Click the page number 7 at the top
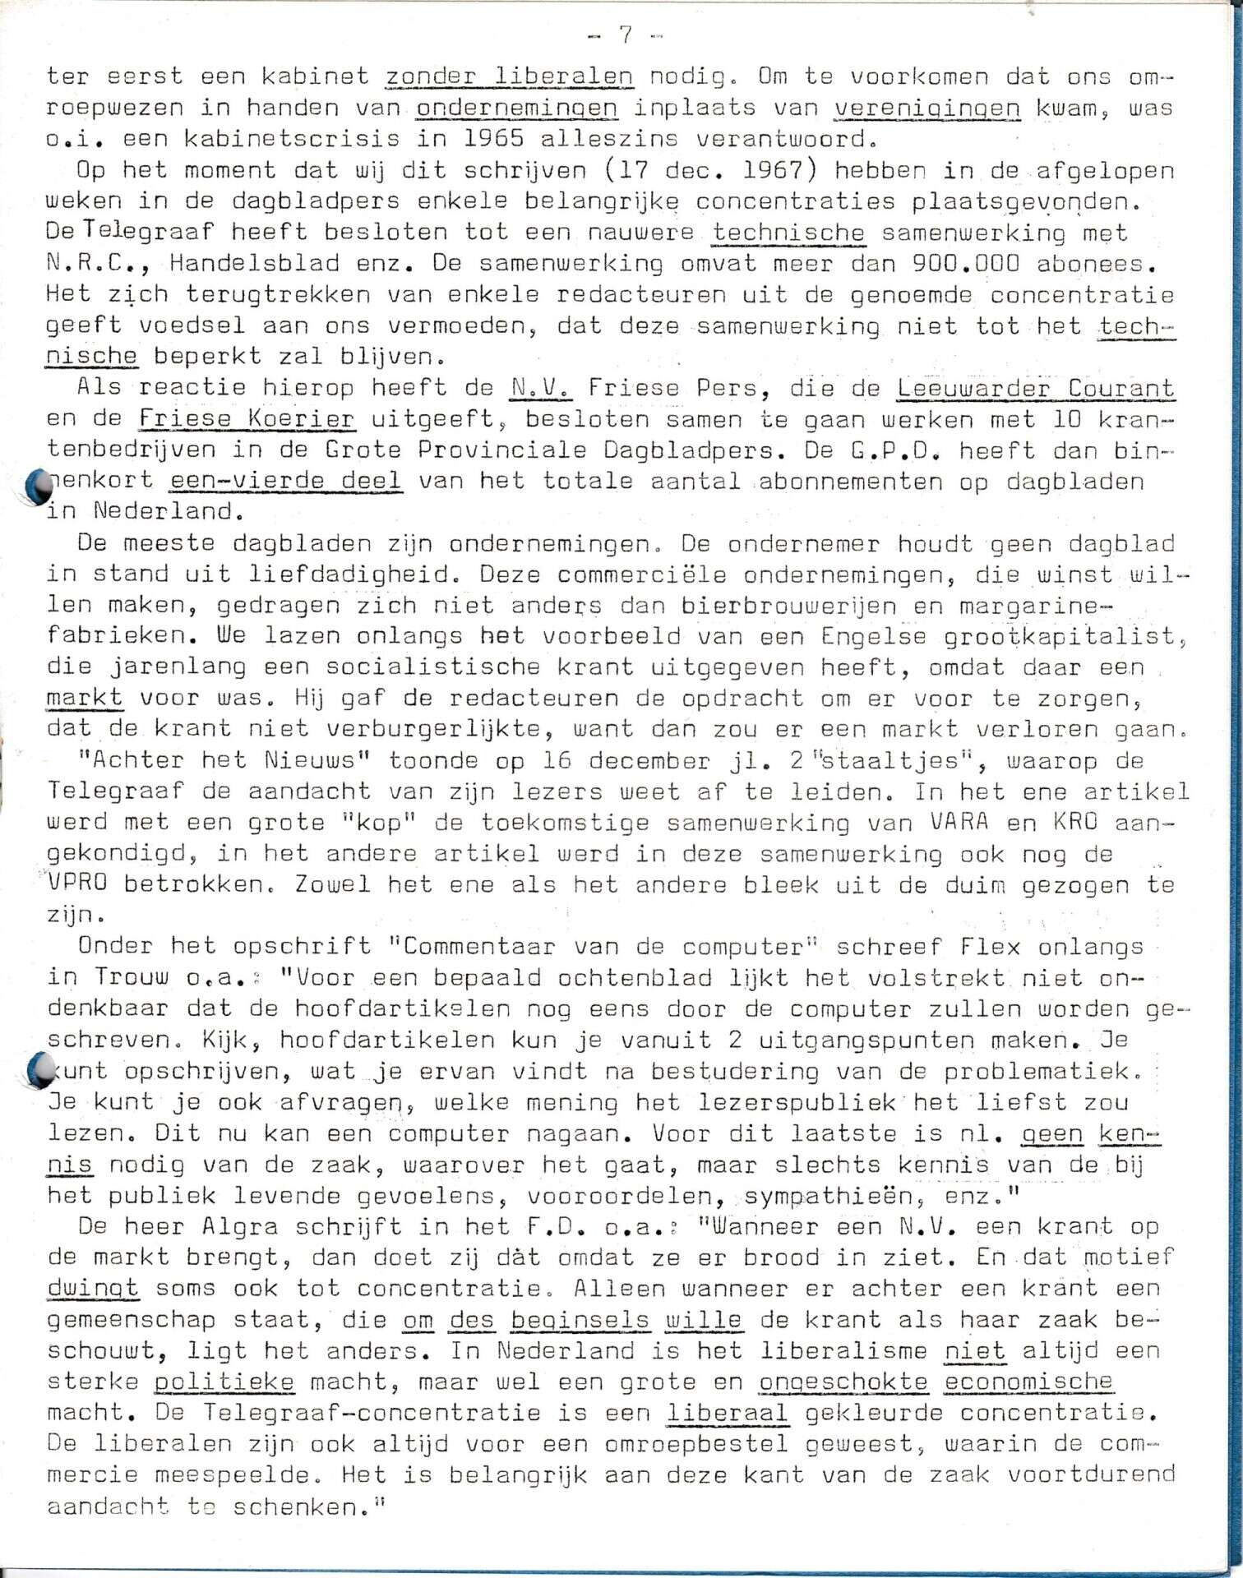625,35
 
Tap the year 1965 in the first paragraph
495,138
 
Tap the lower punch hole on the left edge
38,1071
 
